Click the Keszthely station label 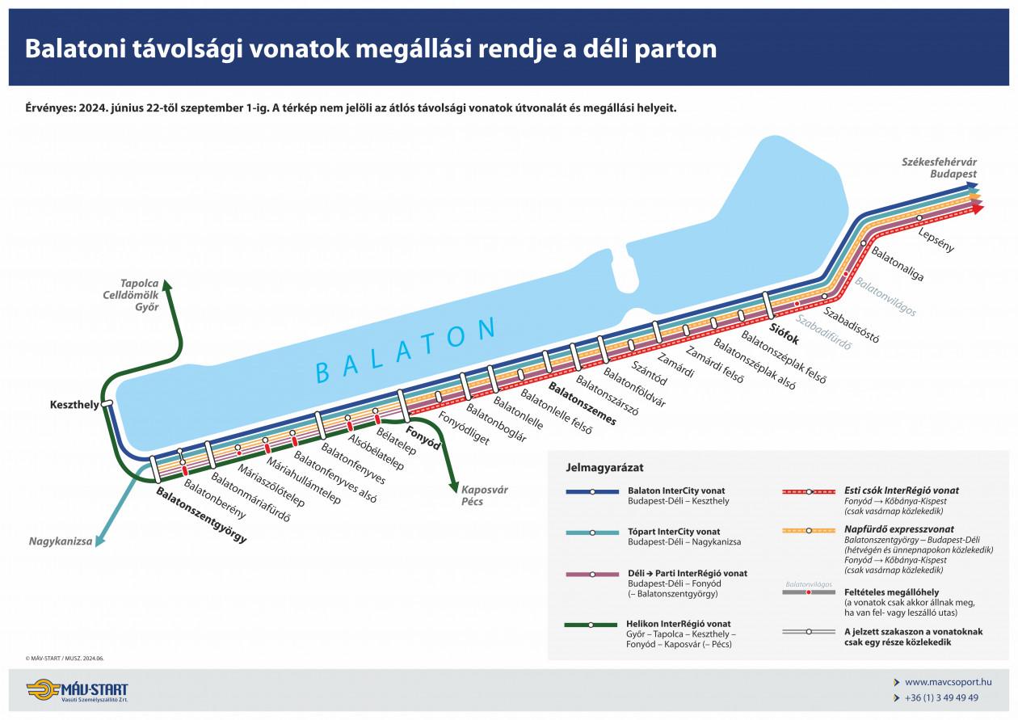(74, 404)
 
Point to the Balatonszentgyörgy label (201, 515)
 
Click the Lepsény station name (936, 240)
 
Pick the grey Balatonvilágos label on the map (885, 297)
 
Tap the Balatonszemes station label (582, 404)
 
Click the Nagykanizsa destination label (60, 541)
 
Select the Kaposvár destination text (485, 490)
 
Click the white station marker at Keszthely (107, 403)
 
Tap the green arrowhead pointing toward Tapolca (166, 284)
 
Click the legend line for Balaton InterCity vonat (591, 491)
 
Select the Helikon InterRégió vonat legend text (678, 624)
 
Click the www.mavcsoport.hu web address (942, 682)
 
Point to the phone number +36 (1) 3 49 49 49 (941, 697)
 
